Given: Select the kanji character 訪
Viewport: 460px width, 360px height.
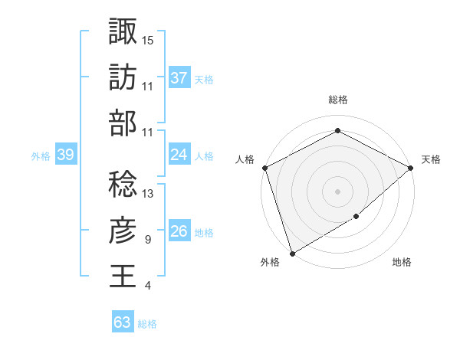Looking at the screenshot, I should click(123, 77).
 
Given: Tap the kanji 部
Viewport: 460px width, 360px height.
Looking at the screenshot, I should click(123, 123).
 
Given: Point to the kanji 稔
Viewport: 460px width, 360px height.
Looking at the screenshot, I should click(123, 184).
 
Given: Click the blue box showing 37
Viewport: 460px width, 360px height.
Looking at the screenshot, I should click(179, 77).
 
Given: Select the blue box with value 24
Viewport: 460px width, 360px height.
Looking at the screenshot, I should click(179, 155).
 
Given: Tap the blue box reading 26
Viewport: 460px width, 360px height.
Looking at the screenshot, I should click(179, 231).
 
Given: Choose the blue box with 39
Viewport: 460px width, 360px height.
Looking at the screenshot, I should click(66, 155).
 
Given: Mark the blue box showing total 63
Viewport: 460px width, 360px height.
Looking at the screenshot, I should click(123, 322).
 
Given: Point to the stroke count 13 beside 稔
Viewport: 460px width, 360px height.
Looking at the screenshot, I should click(149, 193).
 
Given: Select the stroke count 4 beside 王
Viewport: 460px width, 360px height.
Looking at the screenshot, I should click(147, 286).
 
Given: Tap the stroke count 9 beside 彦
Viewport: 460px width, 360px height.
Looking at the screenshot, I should click(147, 240).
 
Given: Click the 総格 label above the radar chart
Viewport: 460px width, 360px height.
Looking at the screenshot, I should click(338, 100).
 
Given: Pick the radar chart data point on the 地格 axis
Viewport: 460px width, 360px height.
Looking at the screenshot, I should click(357, 218).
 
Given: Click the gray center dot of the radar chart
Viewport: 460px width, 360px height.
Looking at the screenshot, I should click(338, 191).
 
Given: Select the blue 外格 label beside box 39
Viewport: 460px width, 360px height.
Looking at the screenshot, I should click(40, 155).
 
